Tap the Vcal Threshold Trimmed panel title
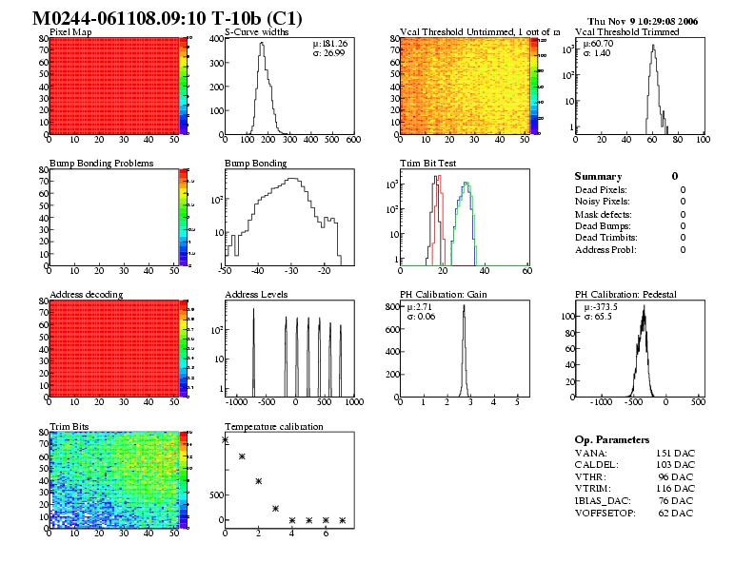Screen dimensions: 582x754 click(x=627, y=32)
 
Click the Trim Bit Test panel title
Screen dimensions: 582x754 click(x=424, y=164)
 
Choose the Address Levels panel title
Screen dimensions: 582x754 click(x=256, y=295)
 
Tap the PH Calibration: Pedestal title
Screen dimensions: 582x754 click(x=625, y=295)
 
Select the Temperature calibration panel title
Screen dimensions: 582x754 click(x=273, y=426)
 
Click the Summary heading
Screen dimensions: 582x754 click(x=598, y=177)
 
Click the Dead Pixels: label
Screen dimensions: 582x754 click(x=602, y=190)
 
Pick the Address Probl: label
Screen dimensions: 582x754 click(x=605, y=250)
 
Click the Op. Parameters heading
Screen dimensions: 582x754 click(x=612, y=440)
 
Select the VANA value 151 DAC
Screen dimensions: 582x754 click(x=675, y=454)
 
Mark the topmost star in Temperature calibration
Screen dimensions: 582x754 click(x=225, y=439)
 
